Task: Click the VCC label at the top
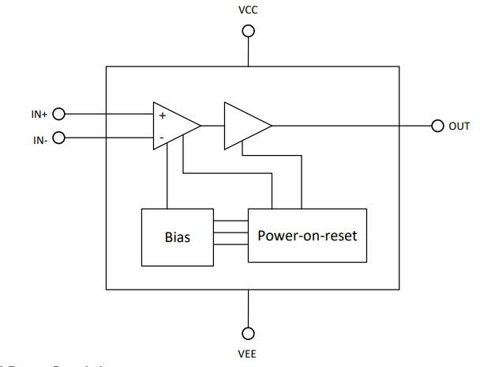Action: (248, 11)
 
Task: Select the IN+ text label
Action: (39, 115)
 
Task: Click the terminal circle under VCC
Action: (248, 31)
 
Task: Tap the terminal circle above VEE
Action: (248, 333)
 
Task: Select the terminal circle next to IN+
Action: (58, 114)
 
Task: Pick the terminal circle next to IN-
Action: (58, 138)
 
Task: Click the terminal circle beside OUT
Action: (438, 126)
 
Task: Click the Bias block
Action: (177, 236)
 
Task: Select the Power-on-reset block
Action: (307, 236)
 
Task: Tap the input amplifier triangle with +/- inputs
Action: (174, 126)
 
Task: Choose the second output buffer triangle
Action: (245, 126)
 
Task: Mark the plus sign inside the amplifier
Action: (162, 115)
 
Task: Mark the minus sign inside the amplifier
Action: (162, 138)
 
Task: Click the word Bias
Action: (177, 236)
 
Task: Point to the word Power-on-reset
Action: (307, 236)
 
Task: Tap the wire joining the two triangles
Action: (212, 126)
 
